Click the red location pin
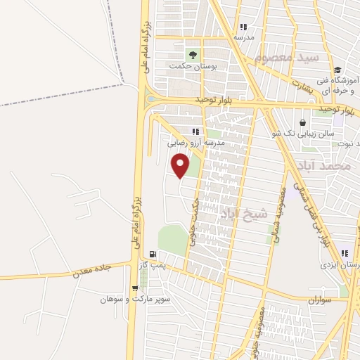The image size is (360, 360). click(x=181, y=166)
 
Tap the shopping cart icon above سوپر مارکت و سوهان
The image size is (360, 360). click(x=135, y=288)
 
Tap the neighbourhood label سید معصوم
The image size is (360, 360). click(x=288, y=56)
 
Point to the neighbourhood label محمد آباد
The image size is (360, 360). click(x=323, y=166)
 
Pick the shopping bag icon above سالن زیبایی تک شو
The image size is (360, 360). click(x=302, y=122)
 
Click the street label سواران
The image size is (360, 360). click(x=319, y=300)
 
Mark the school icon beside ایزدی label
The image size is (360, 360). click(x=345, y=254)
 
